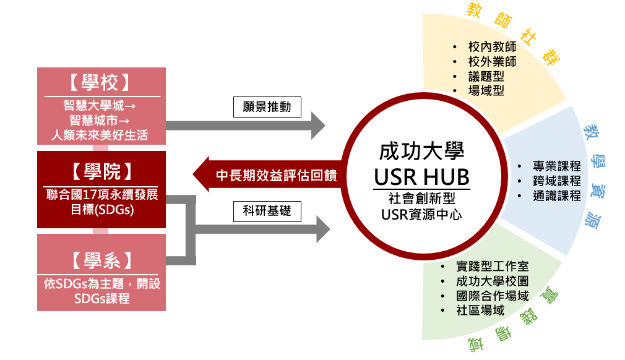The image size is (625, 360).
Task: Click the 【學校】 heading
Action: (101, 84)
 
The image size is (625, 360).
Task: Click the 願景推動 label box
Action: (267, 107)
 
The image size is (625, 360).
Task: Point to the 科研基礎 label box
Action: (267, 213)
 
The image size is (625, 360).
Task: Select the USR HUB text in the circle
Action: (421, 177)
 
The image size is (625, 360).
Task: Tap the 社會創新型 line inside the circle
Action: (421, 199)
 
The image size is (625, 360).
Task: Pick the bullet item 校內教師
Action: (492, 47)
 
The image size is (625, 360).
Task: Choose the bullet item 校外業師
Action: (492, 62)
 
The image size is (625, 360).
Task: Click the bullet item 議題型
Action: (486, 77)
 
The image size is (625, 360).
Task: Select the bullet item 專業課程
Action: (556, 166)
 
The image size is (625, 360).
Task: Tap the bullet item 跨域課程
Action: (556, 181)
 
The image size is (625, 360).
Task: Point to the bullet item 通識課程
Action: (556, 196)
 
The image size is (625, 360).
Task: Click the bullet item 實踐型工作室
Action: (492, 267)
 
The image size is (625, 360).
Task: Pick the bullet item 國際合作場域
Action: (492, 296)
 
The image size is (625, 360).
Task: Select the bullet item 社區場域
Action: (480, 311)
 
